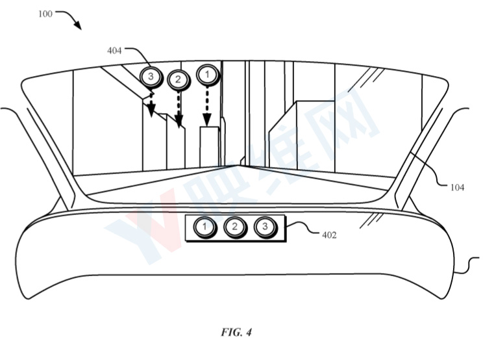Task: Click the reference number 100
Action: point(45,14)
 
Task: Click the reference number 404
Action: point(114,51)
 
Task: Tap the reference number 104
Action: point(457,187)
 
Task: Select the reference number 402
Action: point(329,235)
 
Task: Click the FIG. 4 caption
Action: point(236,332)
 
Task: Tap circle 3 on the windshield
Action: point(151,77)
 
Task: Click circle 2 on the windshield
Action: point(178,80)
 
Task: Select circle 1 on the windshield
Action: point(208,75)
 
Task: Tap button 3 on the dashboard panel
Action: point(266,227)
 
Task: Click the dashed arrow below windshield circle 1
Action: point(207,106)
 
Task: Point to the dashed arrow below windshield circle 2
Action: point(179,109)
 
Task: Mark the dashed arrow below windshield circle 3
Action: point(151,103)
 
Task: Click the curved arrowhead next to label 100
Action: point(78,25)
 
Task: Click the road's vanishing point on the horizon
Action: point(238,166)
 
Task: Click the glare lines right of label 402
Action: point(371,221)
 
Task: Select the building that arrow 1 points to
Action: point(210,147)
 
